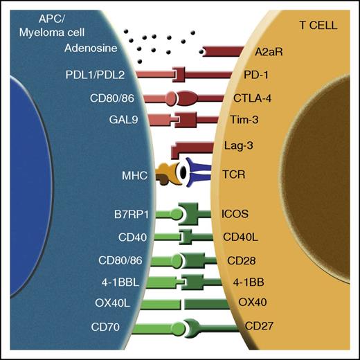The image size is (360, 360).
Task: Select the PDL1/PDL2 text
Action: (99, 73)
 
